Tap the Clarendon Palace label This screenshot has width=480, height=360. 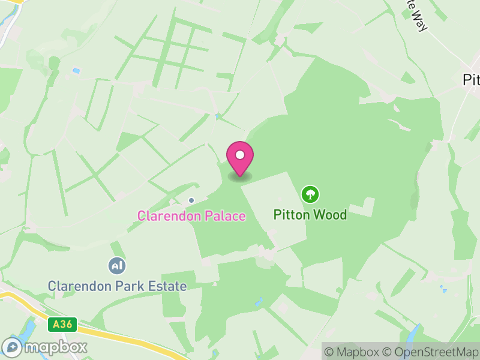[191, 216]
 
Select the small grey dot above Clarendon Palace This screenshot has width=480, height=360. [191, 200]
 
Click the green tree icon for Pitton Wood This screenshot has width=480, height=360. [310, 194]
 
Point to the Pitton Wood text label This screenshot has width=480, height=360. [310, 214]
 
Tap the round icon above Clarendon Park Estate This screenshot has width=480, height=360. [116, 265]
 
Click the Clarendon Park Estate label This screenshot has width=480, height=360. [118, 286]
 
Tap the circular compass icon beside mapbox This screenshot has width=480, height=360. [12, 347]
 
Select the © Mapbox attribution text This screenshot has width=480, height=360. [354, 352]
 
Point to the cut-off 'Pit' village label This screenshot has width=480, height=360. [471, 80]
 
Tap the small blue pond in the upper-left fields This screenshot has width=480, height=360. [76, 71]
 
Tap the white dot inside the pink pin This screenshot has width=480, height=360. [240, 155]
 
